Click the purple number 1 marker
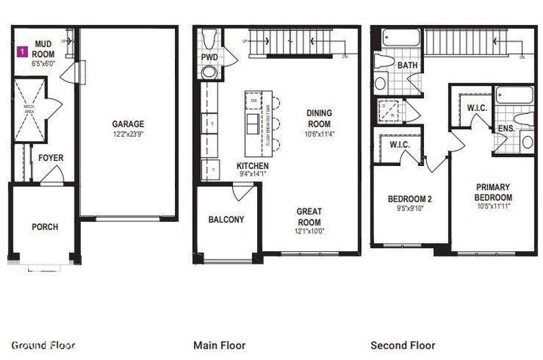(x=23, y=51)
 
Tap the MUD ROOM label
(x=43, y=50)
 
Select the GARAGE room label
(x=128, y=125)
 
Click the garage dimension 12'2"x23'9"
(x=128, y=134)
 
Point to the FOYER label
(x=51, y=158)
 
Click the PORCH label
(x=44, y=226)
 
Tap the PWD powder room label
(x=209, y=57)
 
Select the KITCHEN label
(x=253, y=165)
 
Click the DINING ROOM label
(x=318, y=118)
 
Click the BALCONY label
(x=226, y=220)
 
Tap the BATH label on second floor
(x=407, y=66)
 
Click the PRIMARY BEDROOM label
(x=493, y=192)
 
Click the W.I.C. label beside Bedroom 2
(x=398, y=144)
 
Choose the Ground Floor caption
(x=43, y=346)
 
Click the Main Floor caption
(x=219, y=346)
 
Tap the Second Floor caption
(x=403, y=346)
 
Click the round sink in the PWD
(x=209, y=72)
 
